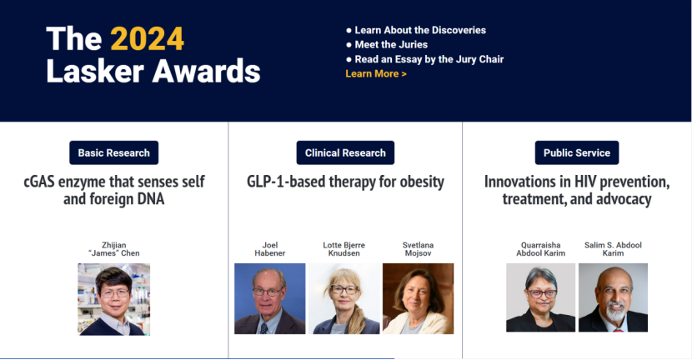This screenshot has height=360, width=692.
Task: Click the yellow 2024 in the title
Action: point(147,39)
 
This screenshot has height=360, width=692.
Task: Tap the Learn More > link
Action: point(375,73)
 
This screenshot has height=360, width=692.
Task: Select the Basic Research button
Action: point(114,152)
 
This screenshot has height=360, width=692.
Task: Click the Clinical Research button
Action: point(345,152)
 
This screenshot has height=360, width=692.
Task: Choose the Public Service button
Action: point(577,152)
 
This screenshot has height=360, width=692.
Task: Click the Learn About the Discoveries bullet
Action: point(416,30)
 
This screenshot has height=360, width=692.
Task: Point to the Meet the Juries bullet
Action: point(387,44)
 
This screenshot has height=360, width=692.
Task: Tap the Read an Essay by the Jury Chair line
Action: point(424,59)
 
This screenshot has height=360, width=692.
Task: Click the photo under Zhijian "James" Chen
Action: point(114,299)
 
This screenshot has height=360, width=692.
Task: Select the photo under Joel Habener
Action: point(269,298)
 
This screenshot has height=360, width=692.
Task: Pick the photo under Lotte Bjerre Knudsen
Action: point(343,298)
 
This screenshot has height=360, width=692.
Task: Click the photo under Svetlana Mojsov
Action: point(418,298)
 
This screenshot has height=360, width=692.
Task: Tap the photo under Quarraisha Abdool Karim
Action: point(540,297)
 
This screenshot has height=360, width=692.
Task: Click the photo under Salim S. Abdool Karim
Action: point(613,297)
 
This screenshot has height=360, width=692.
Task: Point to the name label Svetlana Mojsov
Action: point(418,249)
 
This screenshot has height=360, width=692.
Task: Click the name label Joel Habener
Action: point(269,249)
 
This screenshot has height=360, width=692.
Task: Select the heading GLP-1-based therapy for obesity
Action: point(345,182)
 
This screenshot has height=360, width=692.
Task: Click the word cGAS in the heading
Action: point(39,182)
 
